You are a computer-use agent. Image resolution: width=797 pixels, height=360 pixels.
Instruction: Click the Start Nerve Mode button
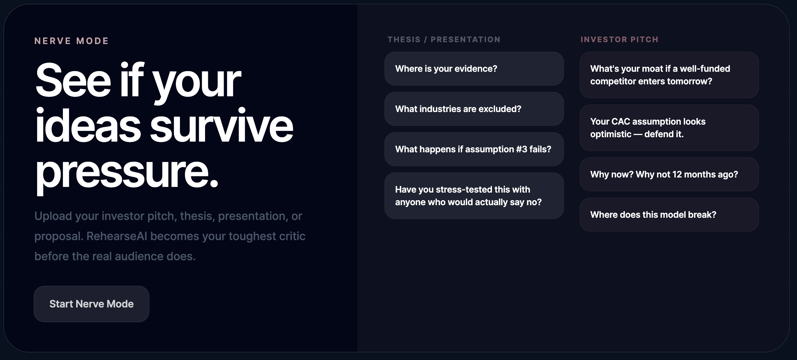[92, 304]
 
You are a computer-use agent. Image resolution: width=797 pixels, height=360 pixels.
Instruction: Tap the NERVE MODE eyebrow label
[71, 41]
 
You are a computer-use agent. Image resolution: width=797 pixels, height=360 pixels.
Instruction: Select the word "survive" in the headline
[222, 126]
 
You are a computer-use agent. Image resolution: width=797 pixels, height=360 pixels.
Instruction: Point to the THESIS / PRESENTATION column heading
[444, 40]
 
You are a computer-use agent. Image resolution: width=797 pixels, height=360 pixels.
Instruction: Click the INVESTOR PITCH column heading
[619, 40]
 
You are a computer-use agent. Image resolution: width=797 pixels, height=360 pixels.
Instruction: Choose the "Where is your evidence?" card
[474, 69]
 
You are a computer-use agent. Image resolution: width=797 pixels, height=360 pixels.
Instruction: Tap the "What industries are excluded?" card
[474, 109]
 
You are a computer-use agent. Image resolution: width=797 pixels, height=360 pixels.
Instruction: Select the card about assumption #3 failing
[474, 149]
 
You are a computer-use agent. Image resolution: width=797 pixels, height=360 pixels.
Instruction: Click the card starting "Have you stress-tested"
[474, 196]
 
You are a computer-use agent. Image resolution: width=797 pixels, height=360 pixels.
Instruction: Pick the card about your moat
[669, 75]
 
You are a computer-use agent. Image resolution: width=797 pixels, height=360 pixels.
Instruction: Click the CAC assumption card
[669, 128]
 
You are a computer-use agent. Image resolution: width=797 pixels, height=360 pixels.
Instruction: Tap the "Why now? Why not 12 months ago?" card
[669, 174]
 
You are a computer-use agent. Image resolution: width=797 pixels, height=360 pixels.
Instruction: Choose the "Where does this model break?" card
[669, 215]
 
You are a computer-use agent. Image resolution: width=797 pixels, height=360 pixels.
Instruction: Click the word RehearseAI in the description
[117, 236]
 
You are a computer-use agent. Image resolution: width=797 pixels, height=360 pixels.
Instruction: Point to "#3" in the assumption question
[521, 149]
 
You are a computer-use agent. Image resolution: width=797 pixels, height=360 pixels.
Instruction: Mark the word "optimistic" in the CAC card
[611, 134]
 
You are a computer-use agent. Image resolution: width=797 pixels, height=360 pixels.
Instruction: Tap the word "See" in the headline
[73, 80]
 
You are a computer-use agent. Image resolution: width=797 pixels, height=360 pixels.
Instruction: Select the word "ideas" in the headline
[88, 126]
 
